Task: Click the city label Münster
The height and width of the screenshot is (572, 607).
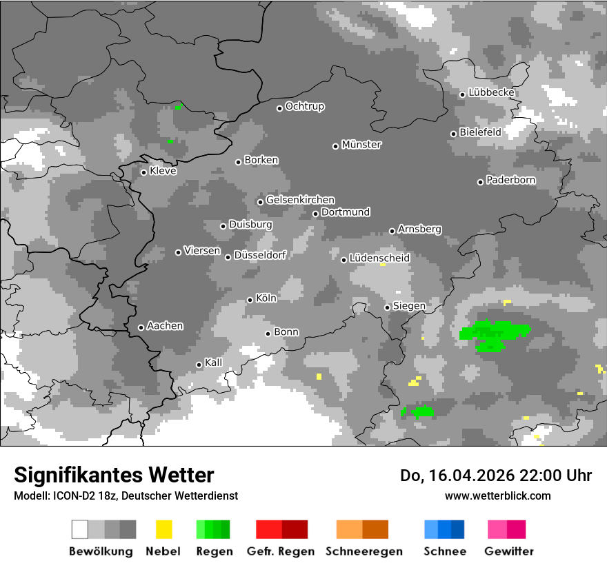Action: pos(361,145)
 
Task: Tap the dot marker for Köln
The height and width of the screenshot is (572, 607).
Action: pos(250,300)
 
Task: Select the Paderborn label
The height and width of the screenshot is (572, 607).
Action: pos(511,181)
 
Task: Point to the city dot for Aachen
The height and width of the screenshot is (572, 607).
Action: pos(141,327)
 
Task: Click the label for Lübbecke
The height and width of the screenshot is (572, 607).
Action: pos(492,92)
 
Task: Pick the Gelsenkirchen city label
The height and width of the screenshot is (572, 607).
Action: pos(300,200)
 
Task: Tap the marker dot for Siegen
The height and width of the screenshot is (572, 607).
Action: pos(388,307)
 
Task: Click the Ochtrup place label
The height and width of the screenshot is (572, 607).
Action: pos(305,106)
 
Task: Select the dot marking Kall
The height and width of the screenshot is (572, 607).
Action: pos(199,365)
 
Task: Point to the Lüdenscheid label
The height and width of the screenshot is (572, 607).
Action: pos(379,258)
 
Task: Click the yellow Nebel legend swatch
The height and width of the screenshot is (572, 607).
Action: pos(163,529)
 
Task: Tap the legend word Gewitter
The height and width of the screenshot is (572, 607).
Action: pos(509,551)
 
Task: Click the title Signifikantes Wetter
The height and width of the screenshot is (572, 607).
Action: pos(114,476)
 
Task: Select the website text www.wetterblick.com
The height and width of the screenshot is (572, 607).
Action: pos(498,496)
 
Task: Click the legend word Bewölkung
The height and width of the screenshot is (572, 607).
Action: pos(101,551)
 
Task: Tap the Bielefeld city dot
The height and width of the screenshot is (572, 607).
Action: pos(453,134)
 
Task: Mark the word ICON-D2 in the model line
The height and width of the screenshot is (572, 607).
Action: pos(70,496)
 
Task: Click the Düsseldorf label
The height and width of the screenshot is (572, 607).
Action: pos(259,255)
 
